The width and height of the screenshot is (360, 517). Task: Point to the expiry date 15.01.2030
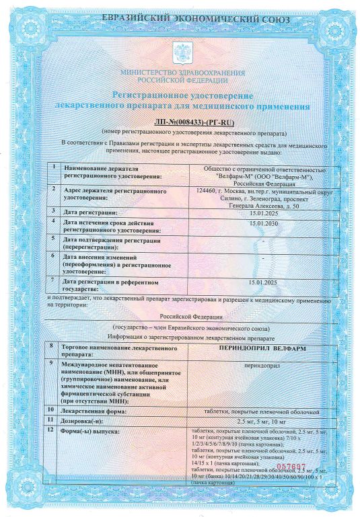262,223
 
